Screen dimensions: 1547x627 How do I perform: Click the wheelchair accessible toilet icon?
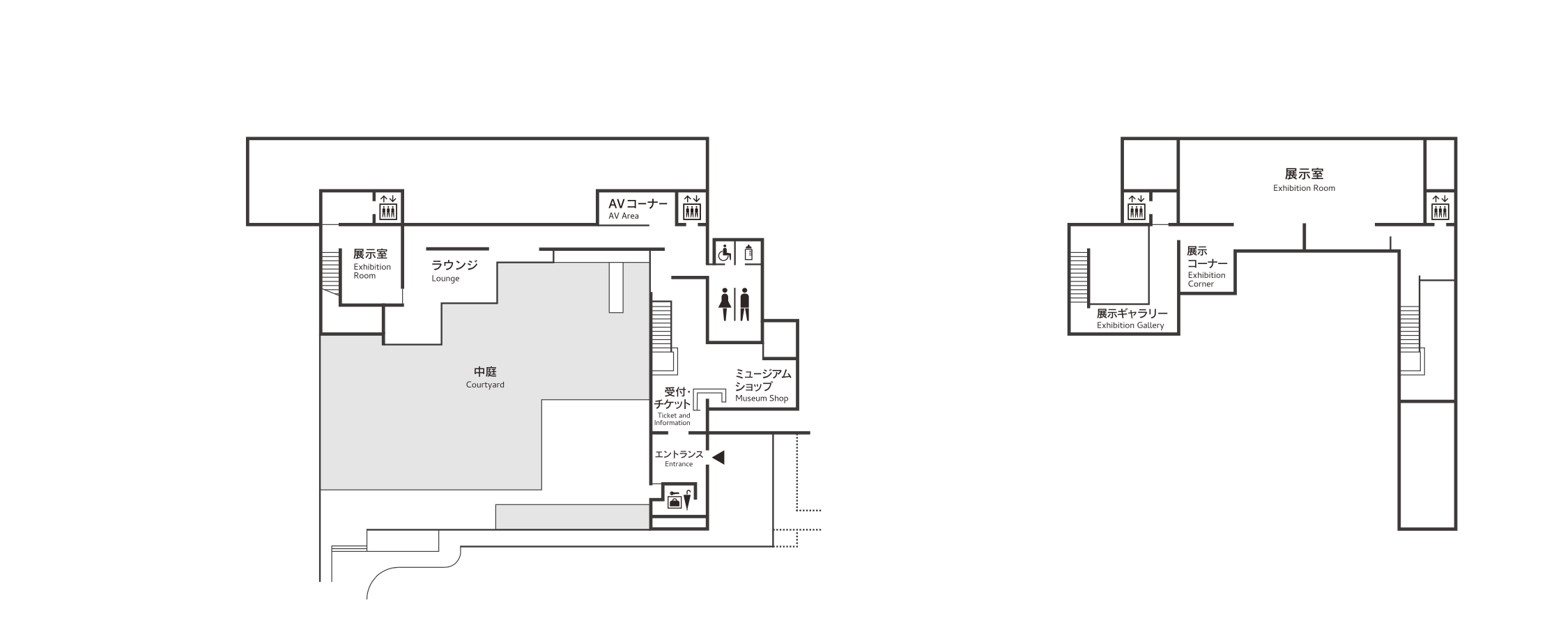(x=725, y=253)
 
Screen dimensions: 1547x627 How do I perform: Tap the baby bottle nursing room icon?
(x=749, y=252)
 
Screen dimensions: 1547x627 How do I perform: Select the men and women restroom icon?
(x=735, y=304)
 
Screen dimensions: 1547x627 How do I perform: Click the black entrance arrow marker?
(x=718, y=457)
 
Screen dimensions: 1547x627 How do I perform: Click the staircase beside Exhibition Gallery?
(x=1079, y=277)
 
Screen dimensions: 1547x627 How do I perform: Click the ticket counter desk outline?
(x=711, y=396)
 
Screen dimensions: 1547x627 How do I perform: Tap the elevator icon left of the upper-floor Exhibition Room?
(x=1137, y=207)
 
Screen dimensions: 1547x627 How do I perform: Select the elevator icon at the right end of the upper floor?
(x=1440, y=207)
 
